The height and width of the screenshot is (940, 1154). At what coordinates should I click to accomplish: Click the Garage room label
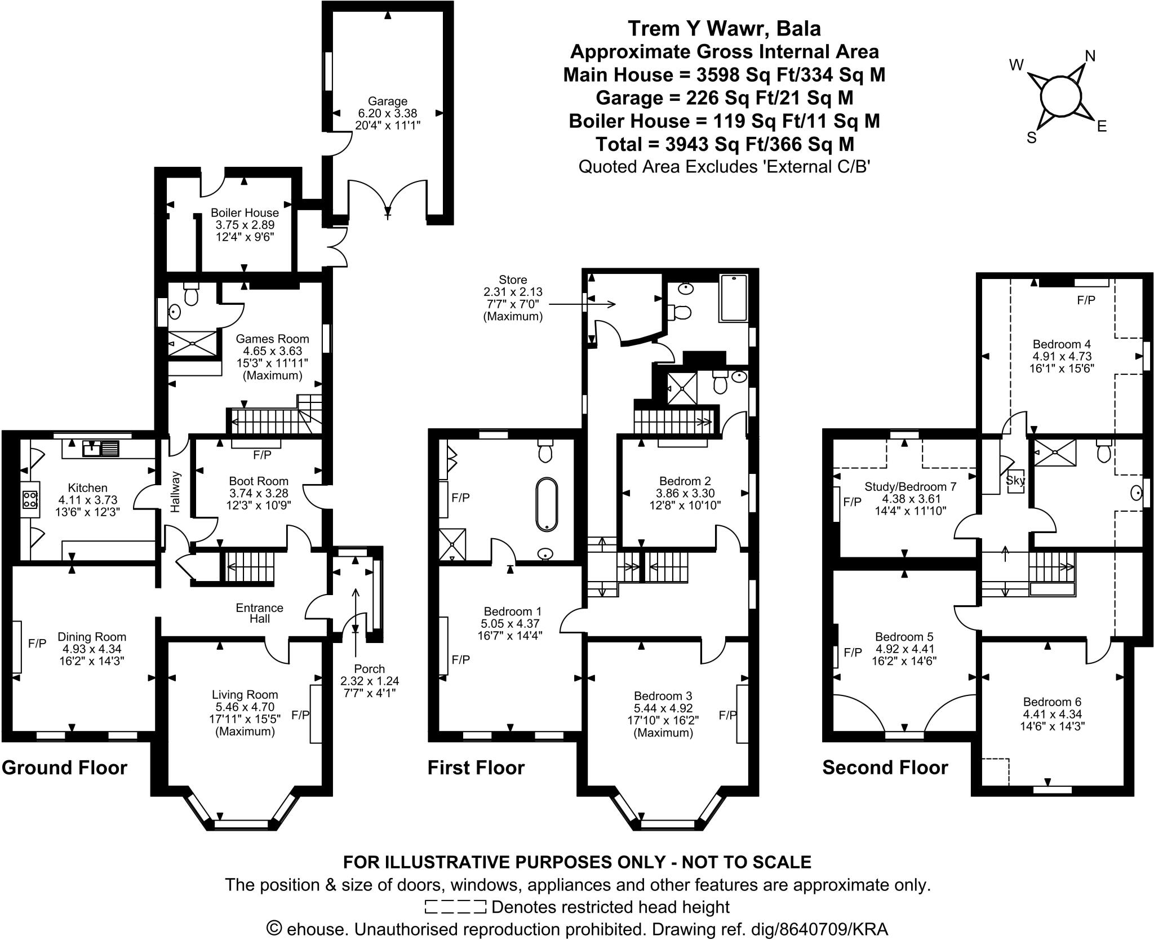tap(387, 101)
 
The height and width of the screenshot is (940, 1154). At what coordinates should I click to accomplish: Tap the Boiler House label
tap(245, 213)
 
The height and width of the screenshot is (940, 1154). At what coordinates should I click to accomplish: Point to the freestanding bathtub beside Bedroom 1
tap(547, 504)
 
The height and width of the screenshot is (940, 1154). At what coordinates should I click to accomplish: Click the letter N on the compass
tap(1090, 56)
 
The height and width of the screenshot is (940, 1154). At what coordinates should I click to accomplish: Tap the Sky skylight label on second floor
tap(1015, 481)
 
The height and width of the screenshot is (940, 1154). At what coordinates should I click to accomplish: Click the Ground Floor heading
tap(64, 768)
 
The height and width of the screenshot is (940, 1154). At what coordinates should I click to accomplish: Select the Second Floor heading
tap(885, 768)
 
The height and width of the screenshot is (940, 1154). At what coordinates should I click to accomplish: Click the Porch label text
tap(370, 669)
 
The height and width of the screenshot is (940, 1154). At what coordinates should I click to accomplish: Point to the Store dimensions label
tap(513, 298)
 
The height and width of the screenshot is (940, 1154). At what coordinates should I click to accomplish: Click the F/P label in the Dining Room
tap(37, 643)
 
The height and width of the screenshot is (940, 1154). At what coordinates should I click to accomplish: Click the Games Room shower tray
tap(193, 343)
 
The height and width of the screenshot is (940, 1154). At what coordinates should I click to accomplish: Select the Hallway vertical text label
tap(175, 491)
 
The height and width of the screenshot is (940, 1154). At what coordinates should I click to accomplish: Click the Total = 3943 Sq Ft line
tap(725, 144)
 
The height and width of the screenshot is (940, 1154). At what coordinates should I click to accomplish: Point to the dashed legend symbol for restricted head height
tap(455, 907)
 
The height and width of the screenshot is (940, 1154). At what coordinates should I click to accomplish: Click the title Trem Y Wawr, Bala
tap(724, 28)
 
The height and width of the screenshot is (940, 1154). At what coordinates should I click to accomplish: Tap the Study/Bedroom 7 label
tap(911, 486)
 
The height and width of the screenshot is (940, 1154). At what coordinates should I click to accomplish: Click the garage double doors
tap(388, 197)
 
